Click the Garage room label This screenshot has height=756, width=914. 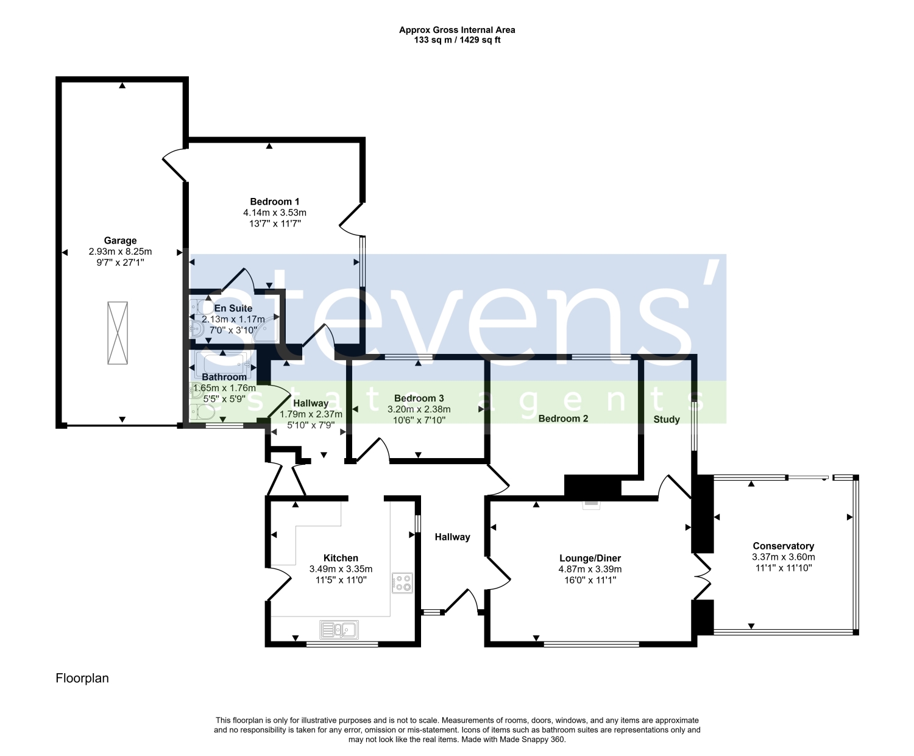(120, 241)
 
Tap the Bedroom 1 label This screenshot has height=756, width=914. (274, 202)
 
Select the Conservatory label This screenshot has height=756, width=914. (783, 546)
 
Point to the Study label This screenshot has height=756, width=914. (666, 419)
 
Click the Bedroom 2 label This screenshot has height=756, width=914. (563, 419)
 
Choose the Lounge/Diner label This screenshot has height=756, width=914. (590, 558)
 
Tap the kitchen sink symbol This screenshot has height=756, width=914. (339, 629)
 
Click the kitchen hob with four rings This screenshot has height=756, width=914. (402, 583)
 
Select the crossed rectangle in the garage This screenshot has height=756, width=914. (118, 333)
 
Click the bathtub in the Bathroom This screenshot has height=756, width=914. (223, 364)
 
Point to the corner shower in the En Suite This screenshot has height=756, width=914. (269, 327)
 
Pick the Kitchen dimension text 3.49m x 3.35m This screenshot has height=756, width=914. (341, 569)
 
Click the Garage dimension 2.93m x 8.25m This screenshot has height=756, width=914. (120, 252)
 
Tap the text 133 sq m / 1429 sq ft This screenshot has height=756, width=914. (457, 40)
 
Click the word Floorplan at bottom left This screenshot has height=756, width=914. (82, 678)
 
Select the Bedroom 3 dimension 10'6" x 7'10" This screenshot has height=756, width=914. (419, 420)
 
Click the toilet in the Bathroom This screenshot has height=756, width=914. (202, 412)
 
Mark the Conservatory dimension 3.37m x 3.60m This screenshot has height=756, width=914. (783, 557)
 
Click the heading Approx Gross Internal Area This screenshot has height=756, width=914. (457, 30)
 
